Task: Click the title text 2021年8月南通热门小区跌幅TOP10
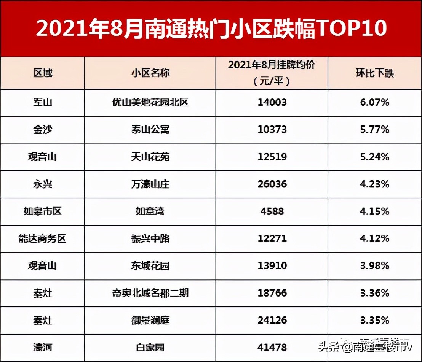[211, 29]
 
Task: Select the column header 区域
[43, 73]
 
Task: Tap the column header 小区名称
[150, 73]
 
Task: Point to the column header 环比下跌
[374, 73]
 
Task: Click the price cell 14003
[272, 103]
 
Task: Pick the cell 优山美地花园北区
[150, 103]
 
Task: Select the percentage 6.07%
[374, 103]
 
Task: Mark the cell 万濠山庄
[150, 184]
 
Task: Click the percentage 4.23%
[374, 184]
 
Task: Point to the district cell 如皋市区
[43, 211]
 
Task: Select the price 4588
[272, 211]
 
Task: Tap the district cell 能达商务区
[43, 239]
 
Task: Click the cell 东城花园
[150, 266]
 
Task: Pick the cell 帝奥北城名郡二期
[150, 293]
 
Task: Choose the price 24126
[272, 320]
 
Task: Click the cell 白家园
[150, 348]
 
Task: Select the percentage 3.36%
[374, 293]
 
